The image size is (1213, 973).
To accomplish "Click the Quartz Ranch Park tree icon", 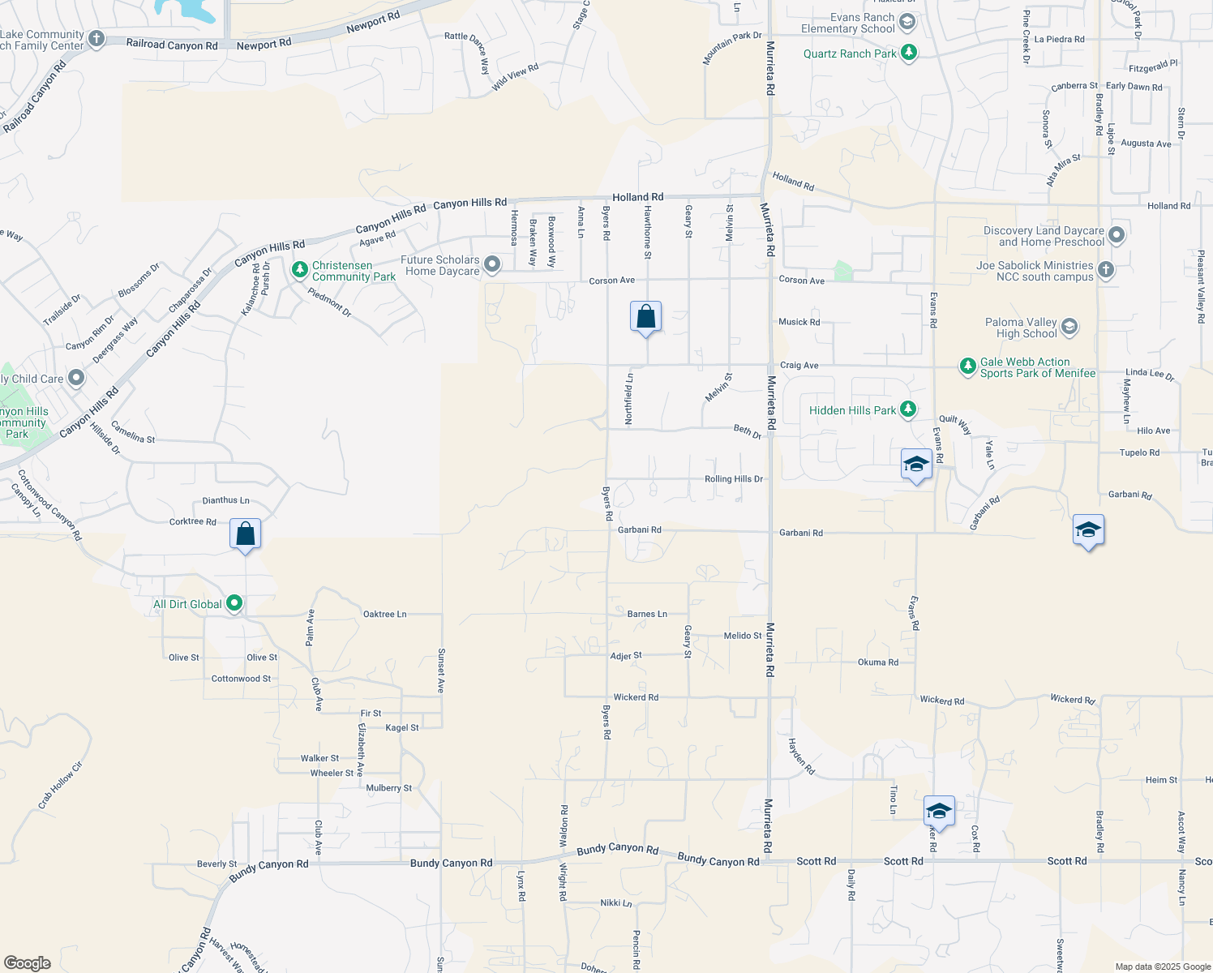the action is pyautogui.click(x=909, y=54).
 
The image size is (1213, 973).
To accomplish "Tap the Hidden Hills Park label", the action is pyautogui.click(x=852, y=410).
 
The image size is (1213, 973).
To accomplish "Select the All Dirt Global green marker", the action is pyautogui.click(x=234, y=603).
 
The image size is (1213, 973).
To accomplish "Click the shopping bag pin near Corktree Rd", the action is pyautogui.click(x=245, y=534).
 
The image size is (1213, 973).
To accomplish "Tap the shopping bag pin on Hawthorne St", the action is pyautogui.click(x=645, y=317).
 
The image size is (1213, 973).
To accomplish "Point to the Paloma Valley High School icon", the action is pyautogui.click(x=1069, y=327).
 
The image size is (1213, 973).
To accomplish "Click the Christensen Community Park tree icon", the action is pyautogui.click(x=300, y=268).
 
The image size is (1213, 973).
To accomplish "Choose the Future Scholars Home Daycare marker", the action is pyautogui.click(x=492, y=264).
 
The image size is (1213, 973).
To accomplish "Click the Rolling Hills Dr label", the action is pyautogui.click(x=733, y=479).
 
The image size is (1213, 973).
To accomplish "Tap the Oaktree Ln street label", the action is pyautogui.click(x=384, y=614).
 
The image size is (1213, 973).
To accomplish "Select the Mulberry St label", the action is pyautogui.click(x=388, y=788).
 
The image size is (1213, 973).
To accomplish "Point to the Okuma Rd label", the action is pyautogui.click(x=877, y=662).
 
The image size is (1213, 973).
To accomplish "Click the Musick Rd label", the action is pyautogui.click(x=799, y=322).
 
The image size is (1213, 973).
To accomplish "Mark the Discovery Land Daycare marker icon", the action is pyautogui.click(x=1117, y=235).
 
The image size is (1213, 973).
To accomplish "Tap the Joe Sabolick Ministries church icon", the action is pyautogui.click(x=1106, y=269).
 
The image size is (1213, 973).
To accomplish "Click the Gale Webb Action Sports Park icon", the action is pyautogui.click(x=967, y=366).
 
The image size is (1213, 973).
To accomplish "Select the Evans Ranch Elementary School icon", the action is pyautogui.click(x=907, y=21).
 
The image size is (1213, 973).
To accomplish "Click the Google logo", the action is pyautogui.click(x=28, y=963).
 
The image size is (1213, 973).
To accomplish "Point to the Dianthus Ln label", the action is pyautogui.click(x=225, y=500).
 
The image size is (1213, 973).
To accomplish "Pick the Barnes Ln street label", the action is pyautogui.click(x=647, y=614).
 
